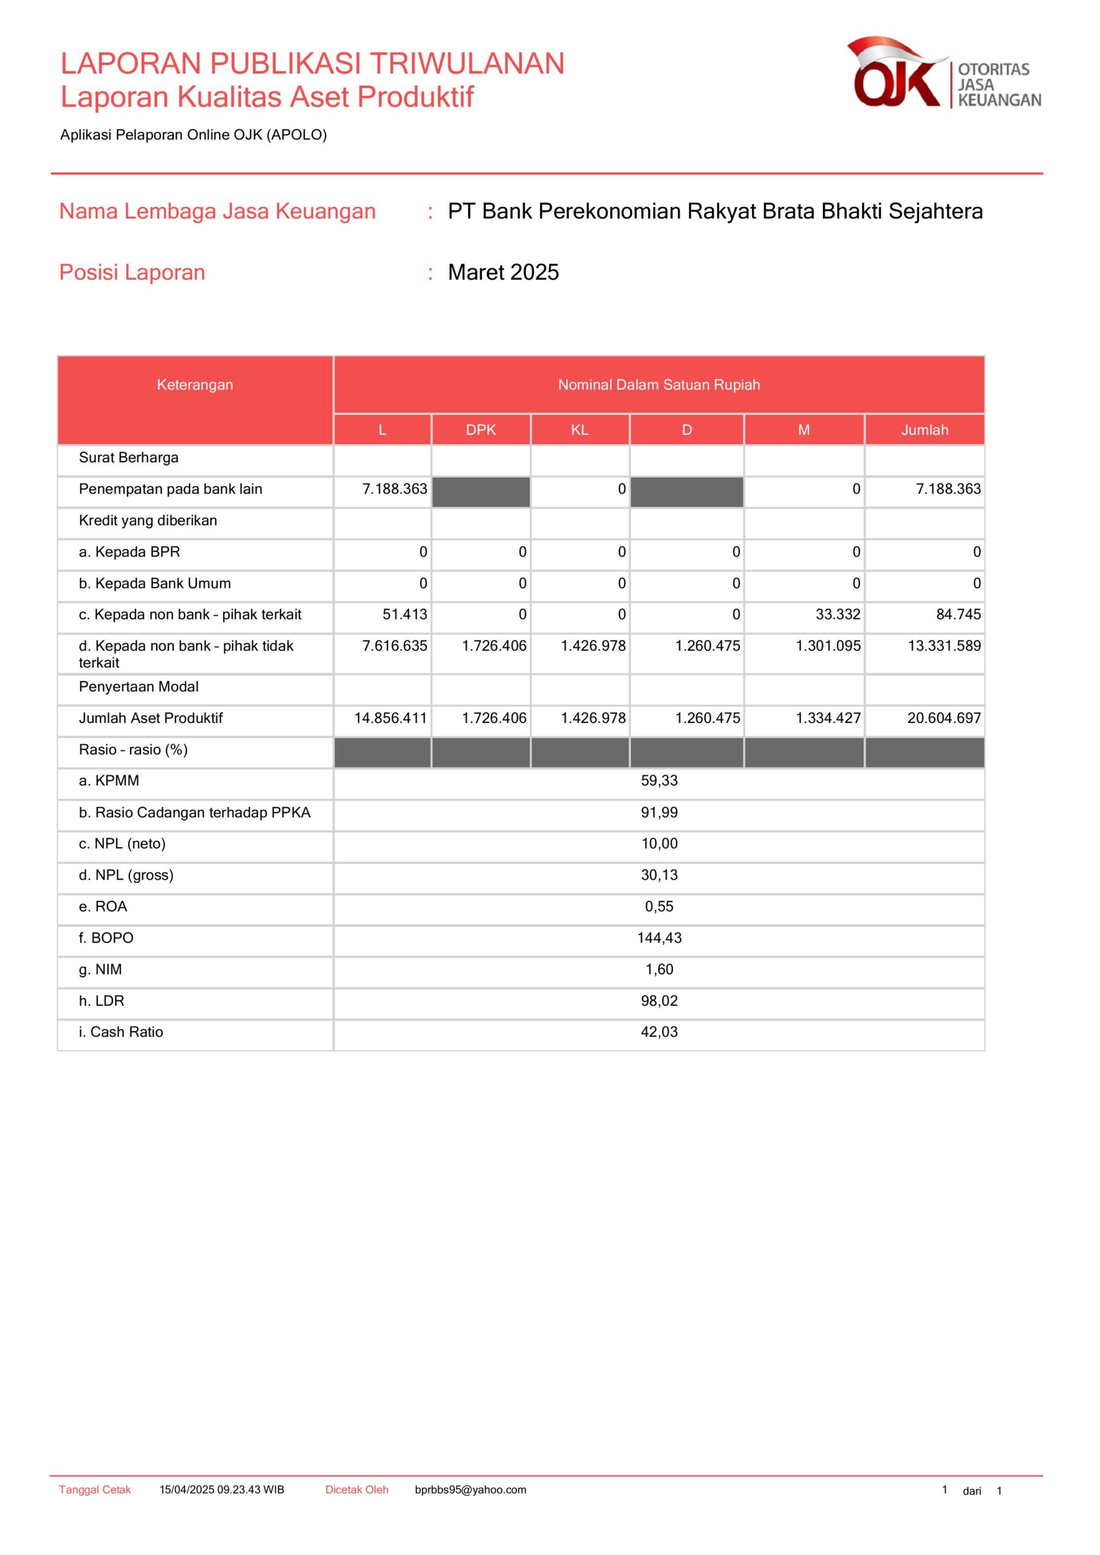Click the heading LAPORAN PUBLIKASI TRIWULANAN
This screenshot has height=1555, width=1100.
312,64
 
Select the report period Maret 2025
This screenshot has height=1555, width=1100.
504,272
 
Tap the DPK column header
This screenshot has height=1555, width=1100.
481,430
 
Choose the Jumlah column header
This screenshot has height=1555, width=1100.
924,430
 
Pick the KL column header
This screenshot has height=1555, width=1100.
580,430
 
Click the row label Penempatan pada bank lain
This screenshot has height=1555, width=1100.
170,489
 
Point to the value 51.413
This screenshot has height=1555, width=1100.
405,614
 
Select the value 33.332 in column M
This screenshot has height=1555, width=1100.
837,614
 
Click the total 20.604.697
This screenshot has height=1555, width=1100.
943,718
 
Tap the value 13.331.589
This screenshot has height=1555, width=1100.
943,646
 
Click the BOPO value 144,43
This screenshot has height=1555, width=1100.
659,938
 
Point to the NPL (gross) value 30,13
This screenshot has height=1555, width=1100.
659,875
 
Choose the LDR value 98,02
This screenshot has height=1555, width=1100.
659,1001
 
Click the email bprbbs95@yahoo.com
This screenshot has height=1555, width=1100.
470,1490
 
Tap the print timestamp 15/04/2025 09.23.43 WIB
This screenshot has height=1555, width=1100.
222,1490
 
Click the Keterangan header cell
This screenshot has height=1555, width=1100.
195,384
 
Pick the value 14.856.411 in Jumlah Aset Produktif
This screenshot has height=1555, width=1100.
390,718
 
